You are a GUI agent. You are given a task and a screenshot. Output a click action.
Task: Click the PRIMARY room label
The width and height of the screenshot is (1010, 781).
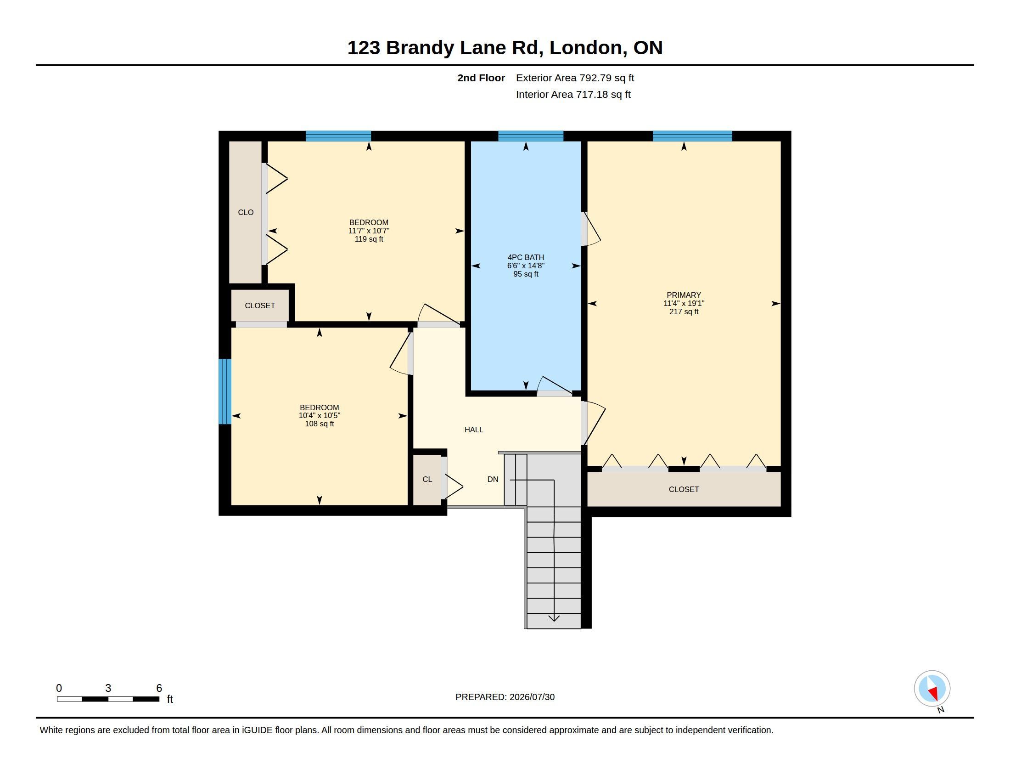pyautogui.click(x=684, y=295)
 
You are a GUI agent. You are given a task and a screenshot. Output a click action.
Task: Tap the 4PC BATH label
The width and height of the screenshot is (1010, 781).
pyautogui.click(x=526, y=257)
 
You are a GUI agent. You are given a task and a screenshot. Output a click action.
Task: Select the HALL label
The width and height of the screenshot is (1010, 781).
pyautogui.click(x=474, y=430)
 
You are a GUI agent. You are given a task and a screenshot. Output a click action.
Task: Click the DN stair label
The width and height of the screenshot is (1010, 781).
pyautogui.click(x=493, y=479)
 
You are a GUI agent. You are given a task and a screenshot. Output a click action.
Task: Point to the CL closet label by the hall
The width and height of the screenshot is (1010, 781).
pyautogui.click(x=427, y=479)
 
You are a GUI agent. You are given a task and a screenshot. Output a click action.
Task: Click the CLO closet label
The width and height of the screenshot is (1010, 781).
pyautogui.click(x=246, y=212)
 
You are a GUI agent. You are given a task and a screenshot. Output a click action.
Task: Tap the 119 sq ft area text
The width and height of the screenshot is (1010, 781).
pyautogui.click(x=369, y=239)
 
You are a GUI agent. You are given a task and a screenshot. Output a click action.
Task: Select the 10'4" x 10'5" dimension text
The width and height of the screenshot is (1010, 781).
pyautogui.click(x=319, y=415)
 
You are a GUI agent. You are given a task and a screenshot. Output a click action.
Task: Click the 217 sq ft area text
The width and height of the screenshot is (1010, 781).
pyautogui.click(x=684, y=312)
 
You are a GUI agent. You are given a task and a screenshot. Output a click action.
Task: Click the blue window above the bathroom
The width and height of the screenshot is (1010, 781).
pyautogui.click(x=531, y=136)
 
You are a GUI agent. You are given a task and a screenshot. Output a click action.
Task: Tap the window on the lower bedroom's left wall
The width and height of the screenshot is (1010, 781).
pyautogui.click(x=225, y=391)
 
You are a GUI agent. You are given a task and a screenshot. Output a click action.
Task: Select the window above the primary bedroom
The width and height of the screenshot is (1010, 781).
pyautogui.click(x=692, y=136)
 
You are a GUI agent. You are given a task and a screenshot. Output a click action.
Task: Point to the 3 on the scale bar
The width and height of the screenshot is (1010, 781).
pyautogui.click(x=108, y=688)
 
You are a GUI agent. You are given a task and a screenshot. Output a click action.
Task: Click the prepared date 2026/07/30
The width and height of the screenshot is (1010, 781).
pyautogui.click(x=532, y=697)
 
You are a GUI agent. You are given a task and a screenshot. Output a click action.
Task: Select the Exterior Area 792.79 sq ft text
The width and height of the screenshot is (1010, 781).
pyautogui.click(x=575, y=78)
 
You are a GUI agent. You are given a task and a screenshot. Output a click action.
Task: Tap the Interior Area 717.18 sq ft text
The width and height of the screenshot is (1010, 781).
pyautogui.click(x=573, y=94)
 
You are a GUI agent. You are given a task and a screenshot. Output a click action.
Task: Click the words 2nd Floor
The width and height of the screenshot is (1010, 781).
pyautogui.click(x=481, y=78)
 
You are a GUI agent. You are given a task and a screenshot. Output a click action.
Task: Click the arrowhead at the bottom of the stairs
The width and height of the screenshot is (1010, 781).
pyautogui.click(x=554, y=618)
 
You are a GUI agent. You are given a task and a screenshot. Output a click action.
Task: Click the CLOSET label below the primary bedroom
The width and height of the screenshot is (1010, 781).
pyautogui.click(x=684, y=489)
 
